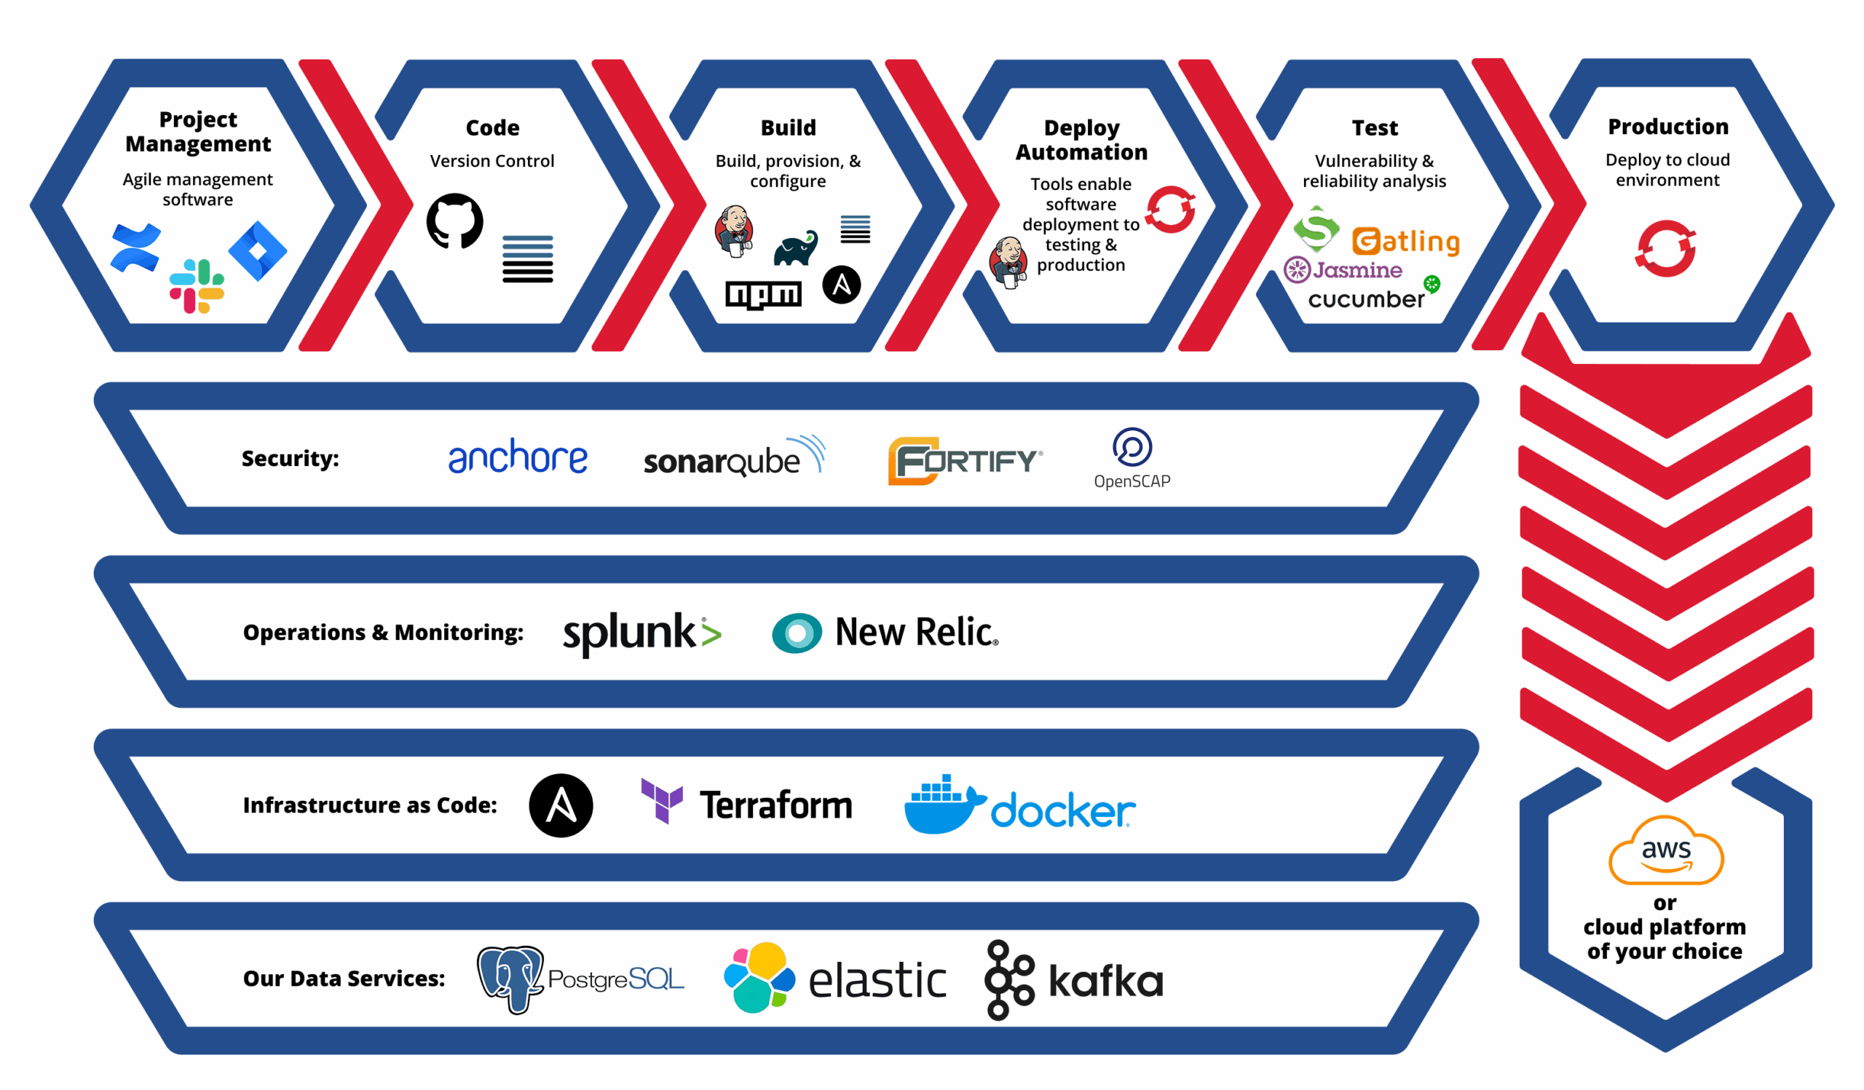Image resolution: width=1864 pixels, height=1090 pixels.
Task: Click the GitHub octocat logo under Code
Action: (x=455, y=221)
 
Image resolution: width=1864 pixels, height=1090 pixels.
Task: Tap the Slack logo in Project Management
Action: (x=197, y=286)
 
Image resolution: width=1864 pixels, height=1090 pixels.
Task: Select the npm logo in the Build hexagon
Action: (x=763, y=294)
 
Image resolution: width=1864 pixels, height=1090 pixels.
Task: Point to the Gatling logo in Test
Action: (x=1405, y=241)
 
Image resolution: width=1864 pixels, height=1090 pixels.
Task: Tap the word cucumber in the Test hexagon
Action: (x=1365, y=299)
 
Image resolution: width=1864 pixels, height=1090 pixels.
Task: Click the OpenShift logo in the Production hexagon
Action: (x=1665, y=248)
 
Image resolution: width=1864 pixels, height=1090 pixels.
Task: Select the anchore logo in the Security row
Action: (x=518, y=457)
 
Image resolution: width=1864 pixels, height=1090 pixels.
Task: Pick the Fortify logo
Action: (x=965, y=461)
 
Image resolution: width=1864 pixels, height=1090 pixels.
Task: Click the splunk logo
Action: (x=641, y=633)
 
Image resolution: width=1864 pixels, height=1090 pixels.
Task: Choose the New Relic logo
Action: (x=885, y=633)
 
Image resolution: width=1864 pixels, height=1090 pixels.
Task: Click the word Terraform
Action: (x=776, y=805)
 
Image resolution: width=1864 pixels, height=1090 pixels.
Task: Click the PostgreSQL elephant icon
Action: (x=510, y=979)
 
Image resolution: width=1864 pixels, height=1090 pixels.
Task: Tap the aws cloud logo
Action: (x=1666, y=850)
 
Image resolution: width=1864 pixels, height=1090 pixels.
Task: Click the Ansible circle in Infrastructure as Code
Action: (x=561, y=805)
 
